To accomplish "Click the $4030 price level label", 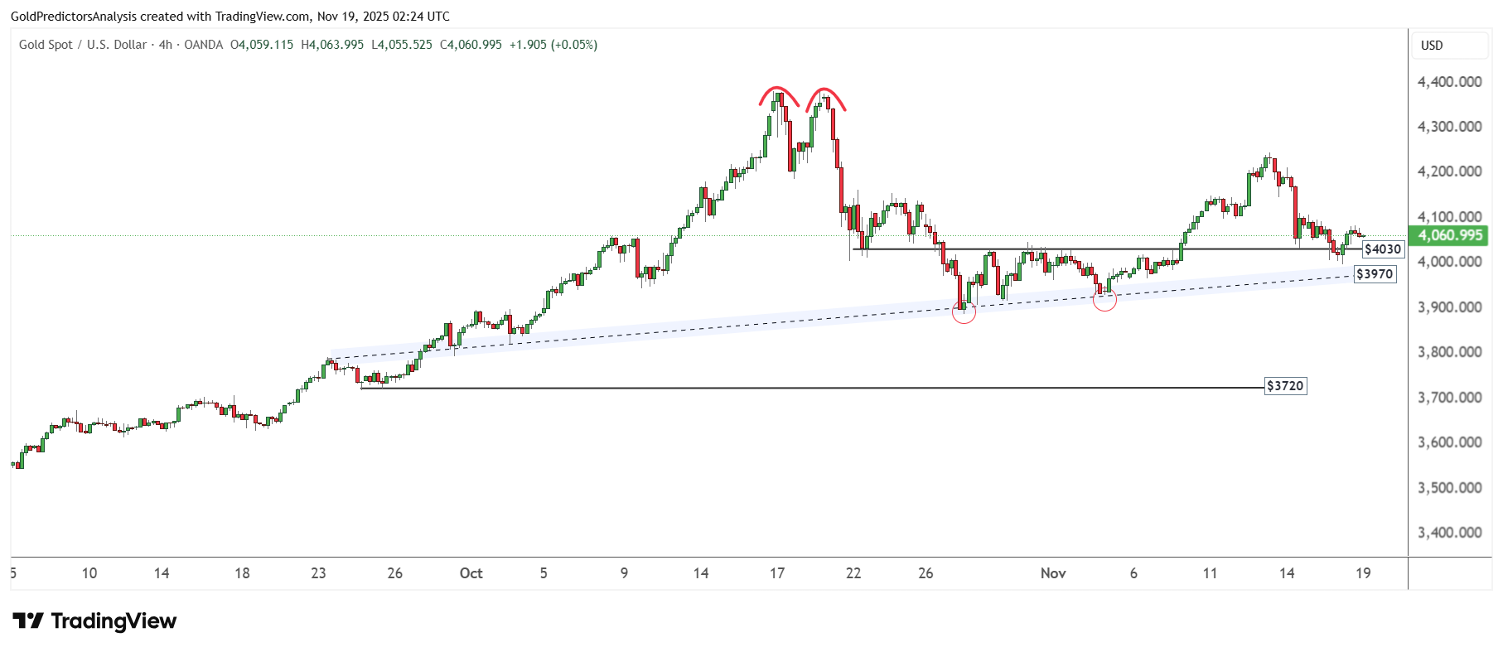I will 1382,249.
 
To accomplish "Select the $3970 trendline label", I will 1374,274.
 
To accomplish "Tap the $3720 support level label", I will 1285,386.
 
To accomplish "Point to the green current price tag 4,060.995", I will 1450,235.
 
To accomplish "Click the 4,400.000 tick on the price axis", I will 1449,82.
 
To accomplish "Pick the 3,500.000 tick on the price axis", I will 1449,488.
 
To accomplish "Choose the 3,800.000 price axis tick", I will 1449,352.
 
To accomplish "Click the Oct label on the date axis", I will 471,573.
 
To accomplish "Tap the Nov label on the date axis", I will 1053,573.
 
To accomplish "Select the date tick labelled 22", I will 853,573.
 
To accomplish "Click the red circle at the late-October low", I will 964,312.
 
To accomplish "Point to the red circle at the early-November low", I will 1104,299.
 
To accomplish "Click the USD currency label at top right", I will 1432,46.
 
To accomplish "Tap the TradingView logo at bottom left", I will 94,621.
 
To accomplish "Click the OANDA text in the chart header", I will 203,45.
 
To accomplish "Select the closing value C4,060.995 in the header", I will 471,45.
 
